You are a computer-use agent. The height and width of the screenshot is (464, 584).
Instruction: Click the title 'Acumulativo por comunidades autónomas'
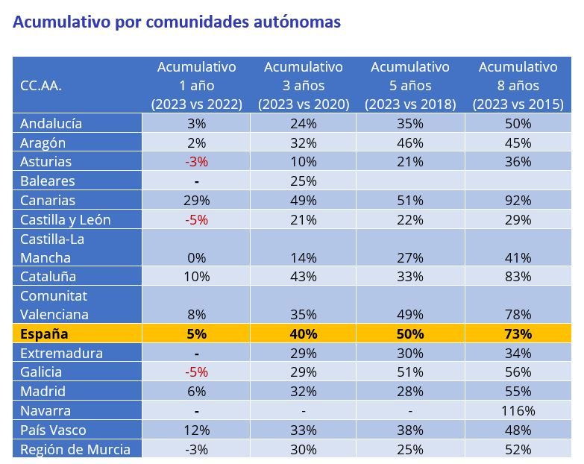(x=177, y=22)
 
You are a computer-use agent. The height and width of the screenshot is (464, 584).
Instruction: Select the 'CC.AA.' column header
(x=41, y=86)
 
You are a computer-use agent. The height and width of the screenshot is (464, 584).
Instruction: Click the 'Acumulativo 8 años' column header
(x=518, y=85)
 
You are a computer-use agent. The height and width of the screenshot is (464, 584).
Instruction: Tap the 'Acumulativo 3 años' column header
(x=303, y=85)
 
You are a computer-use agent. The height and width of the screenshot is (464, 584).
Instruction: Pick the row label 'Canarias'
(x=48, y=200)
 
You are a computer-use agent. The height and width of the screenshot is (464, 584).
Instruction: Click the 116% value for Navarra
(x=518, y=411)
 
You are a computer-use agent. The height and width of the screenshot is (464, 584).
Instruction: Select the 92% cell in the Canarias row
(x=518, y=200)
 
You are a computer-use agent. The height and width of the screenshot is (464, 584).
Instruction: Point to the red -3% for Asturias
(x=196, y=162)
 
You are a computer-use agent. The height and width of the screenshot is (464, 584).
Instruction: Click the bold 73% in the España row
(x=518, y=333)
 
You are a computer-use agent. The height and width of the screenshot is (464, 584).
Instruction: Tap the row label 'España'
(x=44, y=333)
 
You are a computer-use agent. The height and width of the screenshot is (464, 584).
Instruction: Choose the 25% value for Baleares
(x=303, y=181)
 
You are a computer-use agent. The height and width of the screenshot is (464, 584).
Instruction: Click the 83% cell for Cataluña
(x=518, y=276)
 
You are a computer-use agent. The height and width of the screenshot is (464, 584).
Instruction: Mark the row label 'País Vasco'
(x=53, y=430)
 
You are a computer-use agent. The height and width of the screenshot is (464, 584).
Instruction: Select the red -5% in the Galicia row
(x=196, y=372)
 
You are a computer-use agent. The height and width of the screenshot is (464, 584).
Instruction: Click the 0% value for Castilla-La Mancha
(x=196, y=258)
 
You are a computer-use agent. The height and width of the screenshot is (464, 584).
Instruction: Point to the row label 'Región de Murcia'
(x=75, y=449)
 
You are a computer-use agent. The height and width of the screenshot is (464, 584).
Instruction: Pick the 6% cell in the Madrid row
(x=196, y=392)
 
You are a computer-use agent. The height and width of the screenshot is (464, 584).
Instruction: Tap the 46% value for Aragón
(x=410, y=142)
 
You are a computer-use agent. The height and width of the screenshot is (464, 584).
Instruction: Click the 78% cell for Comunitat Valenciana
(x=518, y=315)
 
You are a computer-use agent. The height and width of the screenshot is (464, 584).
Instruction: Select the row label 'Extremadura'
(x=61, y=353)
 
